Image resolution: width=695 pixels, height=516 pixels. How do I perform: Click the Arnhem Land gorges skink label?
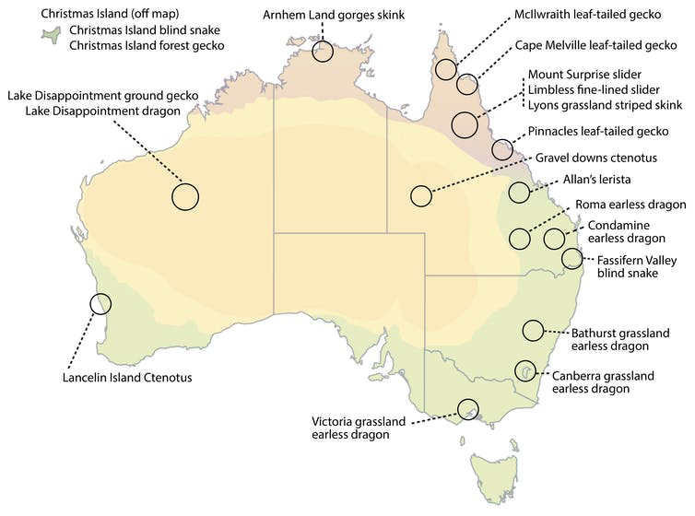tap(333, 16)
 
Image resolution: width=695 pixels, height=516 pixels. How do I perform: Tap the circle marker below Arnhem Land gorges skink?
tap(323, 52)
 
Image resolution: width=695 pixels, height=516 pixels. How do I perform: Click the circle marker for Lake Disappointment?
tap(185, 195)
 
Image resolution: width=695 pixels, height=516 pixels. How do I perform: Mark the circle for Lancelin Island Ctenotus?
tap(100, 302)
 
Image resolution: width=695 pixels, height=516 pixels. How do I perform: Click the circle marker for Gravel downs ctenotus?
tap(421, 195)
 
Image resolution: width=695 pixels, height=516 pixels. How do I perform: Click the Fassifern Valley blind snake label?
tap(642, 266)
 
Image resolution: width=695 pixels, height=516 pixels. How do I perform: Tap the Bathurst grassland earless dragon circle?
tap(533, 329)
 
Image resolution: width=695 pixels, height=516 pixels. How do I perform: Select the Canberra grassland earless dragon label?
tap(603, 382)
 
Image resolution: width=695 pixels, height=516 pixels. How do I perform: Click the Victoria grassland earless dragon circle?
tap(469, 407)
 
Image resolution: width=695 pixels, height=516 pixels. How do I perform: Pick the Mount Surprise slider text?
tap(584, 74)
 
